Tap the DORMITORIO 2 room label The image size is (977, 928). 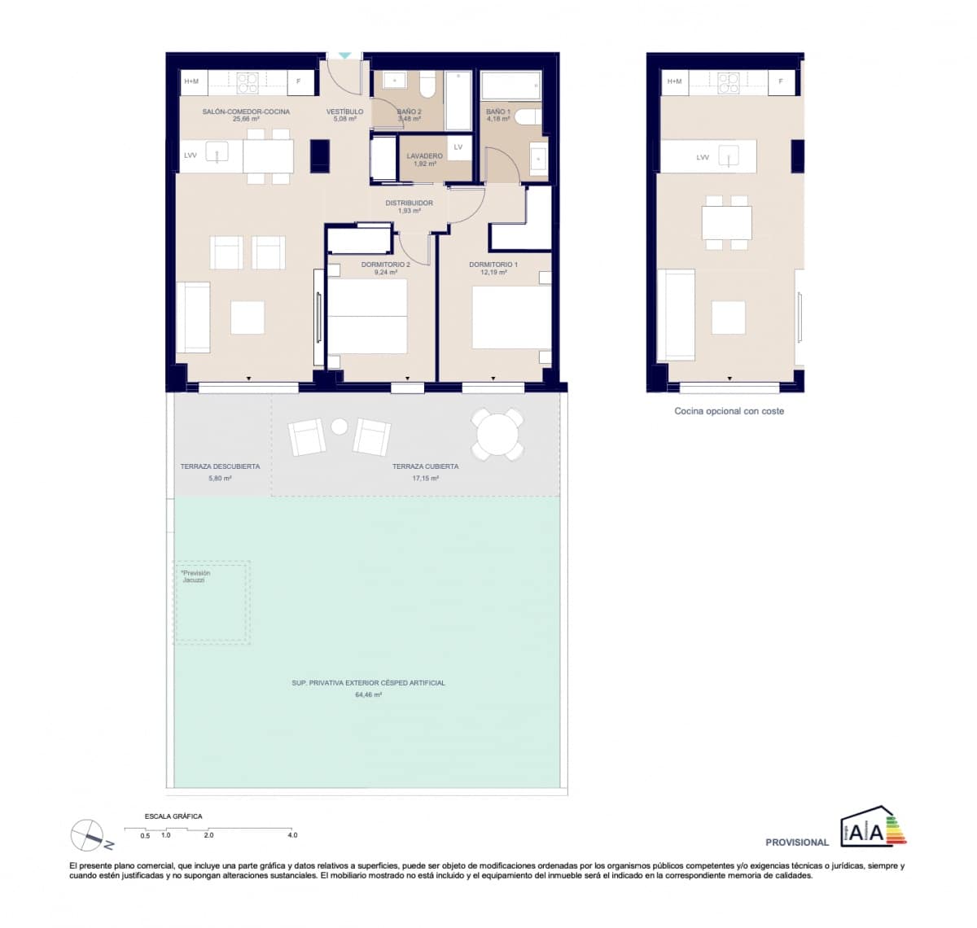tap(385, 265)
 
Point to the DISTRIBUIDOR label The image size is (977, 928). tap(409, 203)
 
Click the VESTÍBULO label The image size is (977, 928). tap(344, 112)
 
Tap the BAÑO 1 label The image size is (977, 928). tap(497, 112)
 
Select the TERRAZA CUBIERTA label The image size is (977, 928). tap(425, 466)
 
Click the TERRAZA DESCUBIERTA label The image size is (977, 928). tap(220, 466)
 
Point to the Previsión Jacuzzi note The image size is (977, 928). tap(195, 576)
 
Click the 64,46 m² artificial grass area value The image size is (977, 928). tap(368, 695)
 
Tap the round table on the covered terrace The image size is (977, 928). tap(497, 434)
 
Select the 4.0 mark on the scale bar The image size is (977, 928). tap(292, 835)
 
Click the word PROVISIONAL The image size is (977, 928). tap(796, 843)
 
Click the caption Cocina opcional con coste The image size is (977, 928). tap(729, 411)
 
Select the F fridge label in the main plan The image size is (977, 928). tap(299, 81)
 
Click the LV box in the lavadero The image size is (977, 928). tap(458, 147)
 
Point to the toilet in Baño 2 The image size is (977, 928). tap(427, 84)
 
